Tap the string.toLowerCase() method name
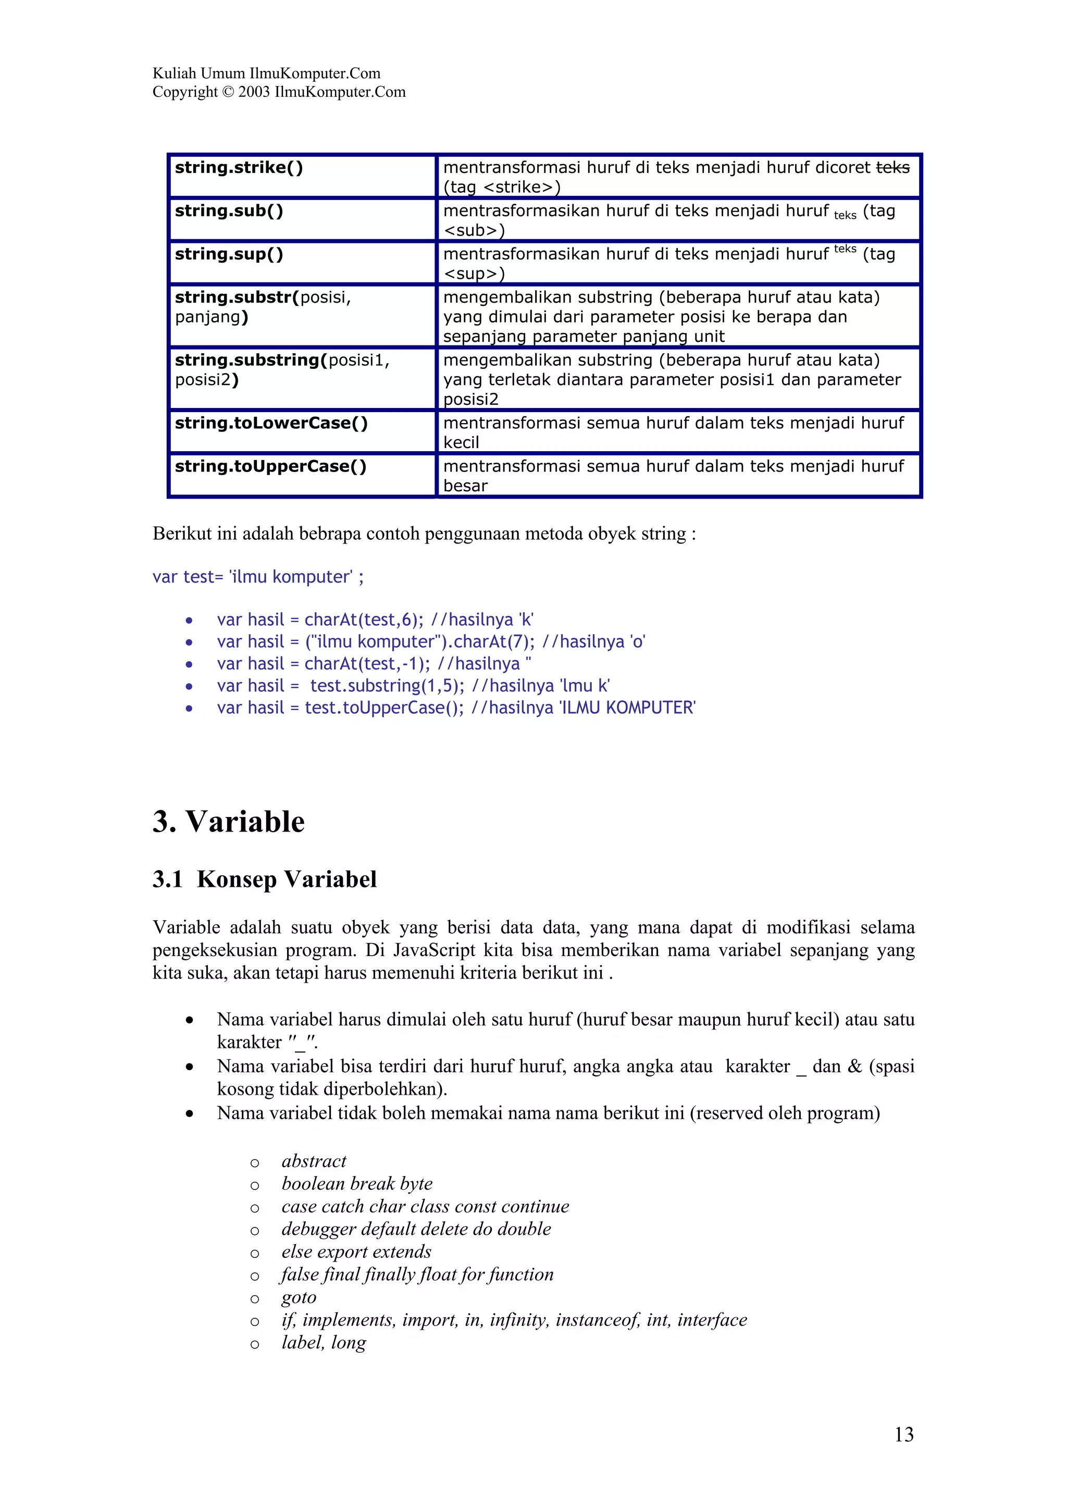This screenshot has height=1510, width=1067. [271, 423]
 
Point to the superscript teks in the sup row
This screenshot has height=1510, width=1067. [845, 249]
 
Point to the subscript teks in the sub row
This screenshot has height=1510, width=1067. [845, 216]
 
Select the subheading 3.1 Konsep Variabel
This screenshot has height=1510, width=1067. [264, 880]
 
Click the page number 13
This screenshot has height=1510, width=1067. [903, 1434]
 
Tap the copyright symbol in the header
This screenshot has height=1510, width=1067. [228, 92]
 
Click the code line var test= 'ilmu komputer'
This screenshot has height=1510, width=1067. [258, 577]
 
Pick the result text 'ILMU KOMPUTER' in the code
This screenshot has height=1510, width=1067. [627, 708]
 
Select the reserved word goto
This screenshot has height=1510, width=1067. [299, 1297]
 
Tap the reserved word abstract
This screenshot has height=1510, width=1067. [314, 1161]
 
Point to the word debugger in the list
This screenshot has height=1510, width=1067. [318, 1229]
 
